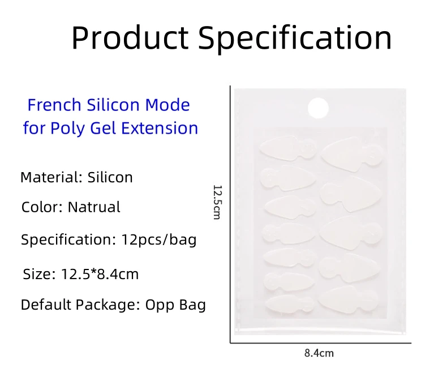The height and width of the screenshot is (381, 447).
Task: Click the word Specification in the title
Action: pyautogui.click(x=296, y=38)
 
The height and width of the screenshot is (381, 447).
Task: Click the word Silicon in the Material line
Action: pyautogui.click(x=110, y=177)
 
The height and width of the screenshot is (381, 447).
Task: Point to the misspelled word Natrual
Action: pyautogui.click(x=94, y=207)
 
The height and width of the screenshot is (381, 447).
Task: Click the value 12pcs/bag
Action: pyautogui.click(x=159, y=239)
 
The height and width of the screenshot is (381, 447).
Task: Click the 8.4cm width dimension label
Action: pyautogui.click(x=319, y=353)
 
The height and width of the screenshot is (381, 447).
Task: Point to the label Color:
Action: pyautogui.click(x=42, y=207)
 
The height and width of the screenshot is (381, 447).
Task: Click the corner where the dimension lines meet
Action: pyautogui.click(x=230, y=343)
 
